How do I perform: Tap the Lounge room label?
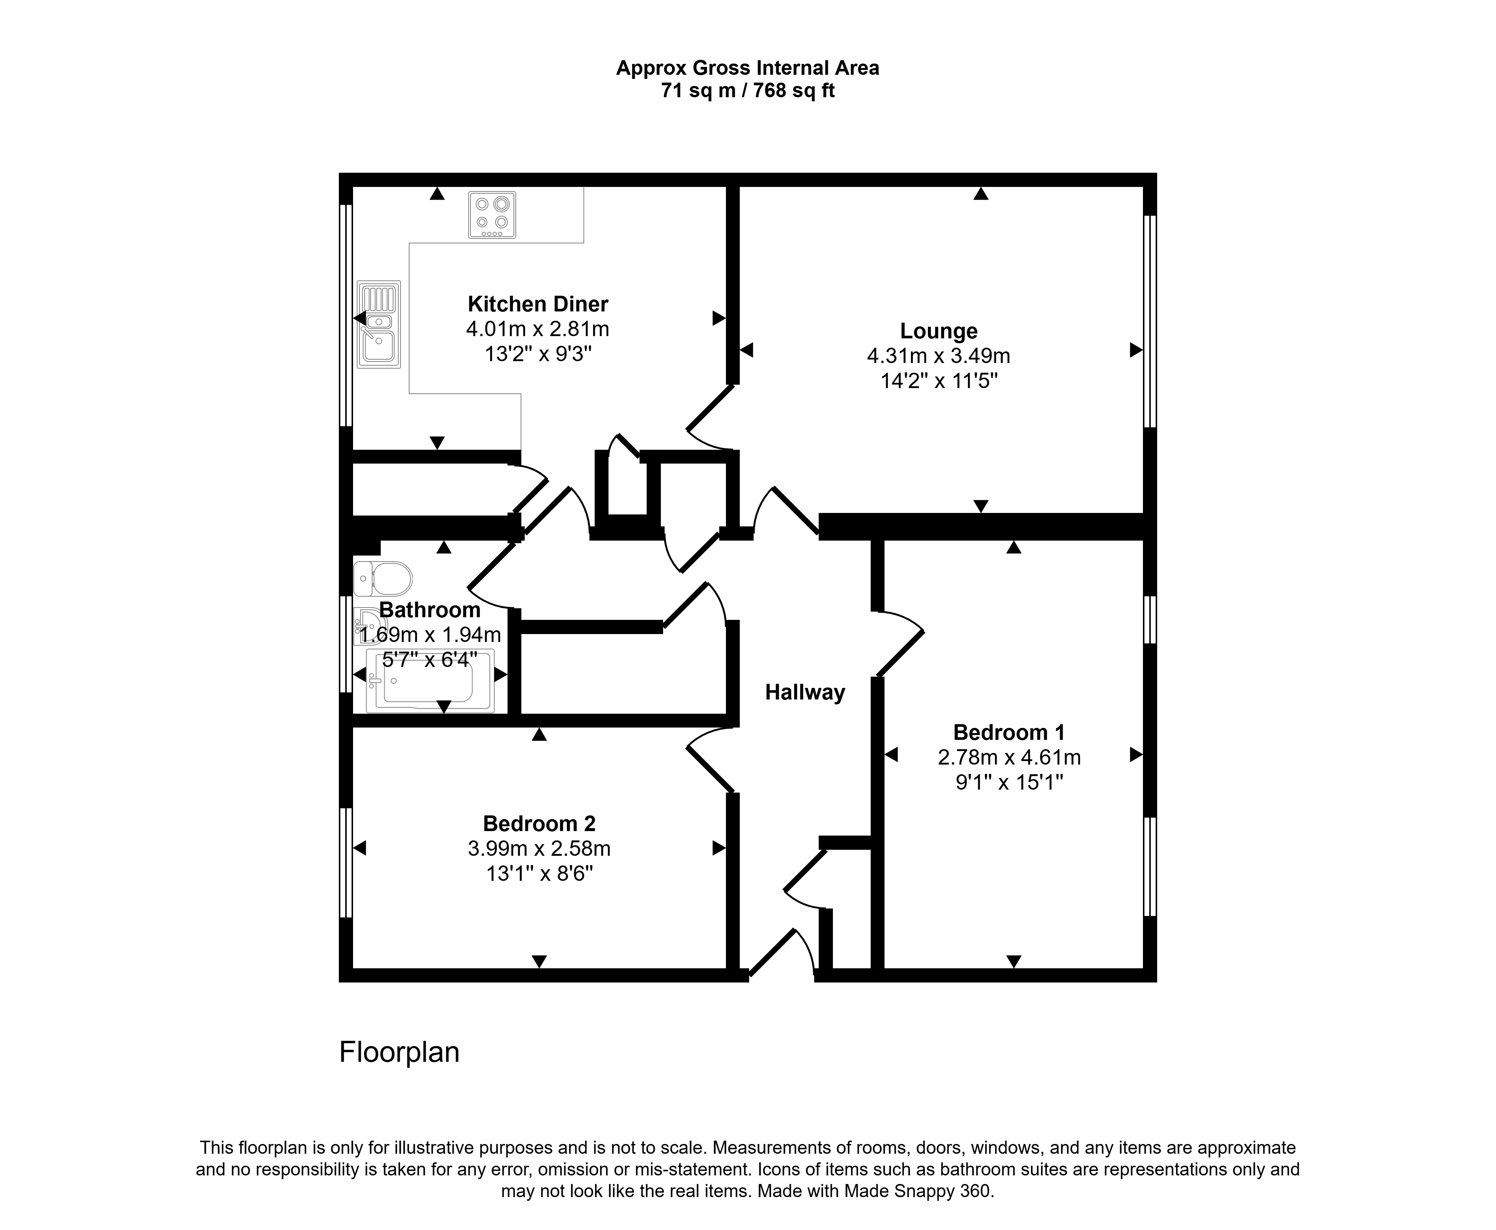click(x=939, y=331)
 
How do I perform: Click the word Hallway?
click(x=805, y=692)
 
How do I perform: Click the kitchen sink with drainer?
click(x=379, y=325)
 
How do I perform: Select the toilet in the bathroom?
click(x=383, y=579)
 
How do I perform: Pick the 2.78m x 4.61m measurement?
click(x=1009, y=757)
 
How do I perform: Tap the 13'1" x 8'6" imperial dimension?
click(x=539, y=874)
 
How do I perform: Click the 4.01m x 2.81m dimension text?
click(x=538, y=329)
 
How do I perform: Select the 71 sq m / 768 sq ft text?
click(x=748, y=91)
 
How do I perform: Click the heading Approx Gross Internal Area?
click(x=748, y=68)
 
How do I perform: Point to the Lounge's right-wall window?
click(x=1150, y=321)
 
